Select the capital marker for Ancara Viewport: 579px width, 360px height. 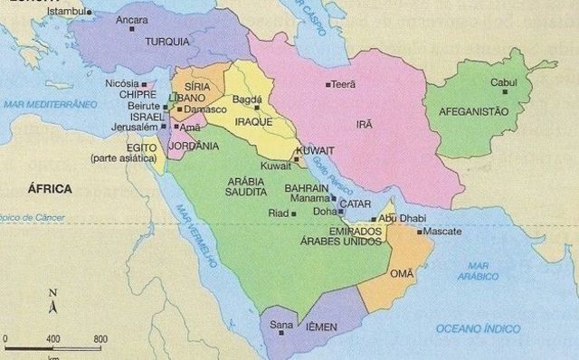click(132, 29)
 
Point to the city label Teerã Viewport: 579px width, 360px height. click(344, 84)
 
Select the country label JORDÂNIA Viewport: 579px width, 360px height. click(194, 146)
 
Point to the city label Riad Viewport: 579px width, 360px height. click(279, 213)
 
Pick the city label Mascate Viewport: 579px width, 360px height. click(442, 232)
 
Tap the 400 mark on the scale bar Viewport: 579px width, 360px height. click(52, 338)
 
